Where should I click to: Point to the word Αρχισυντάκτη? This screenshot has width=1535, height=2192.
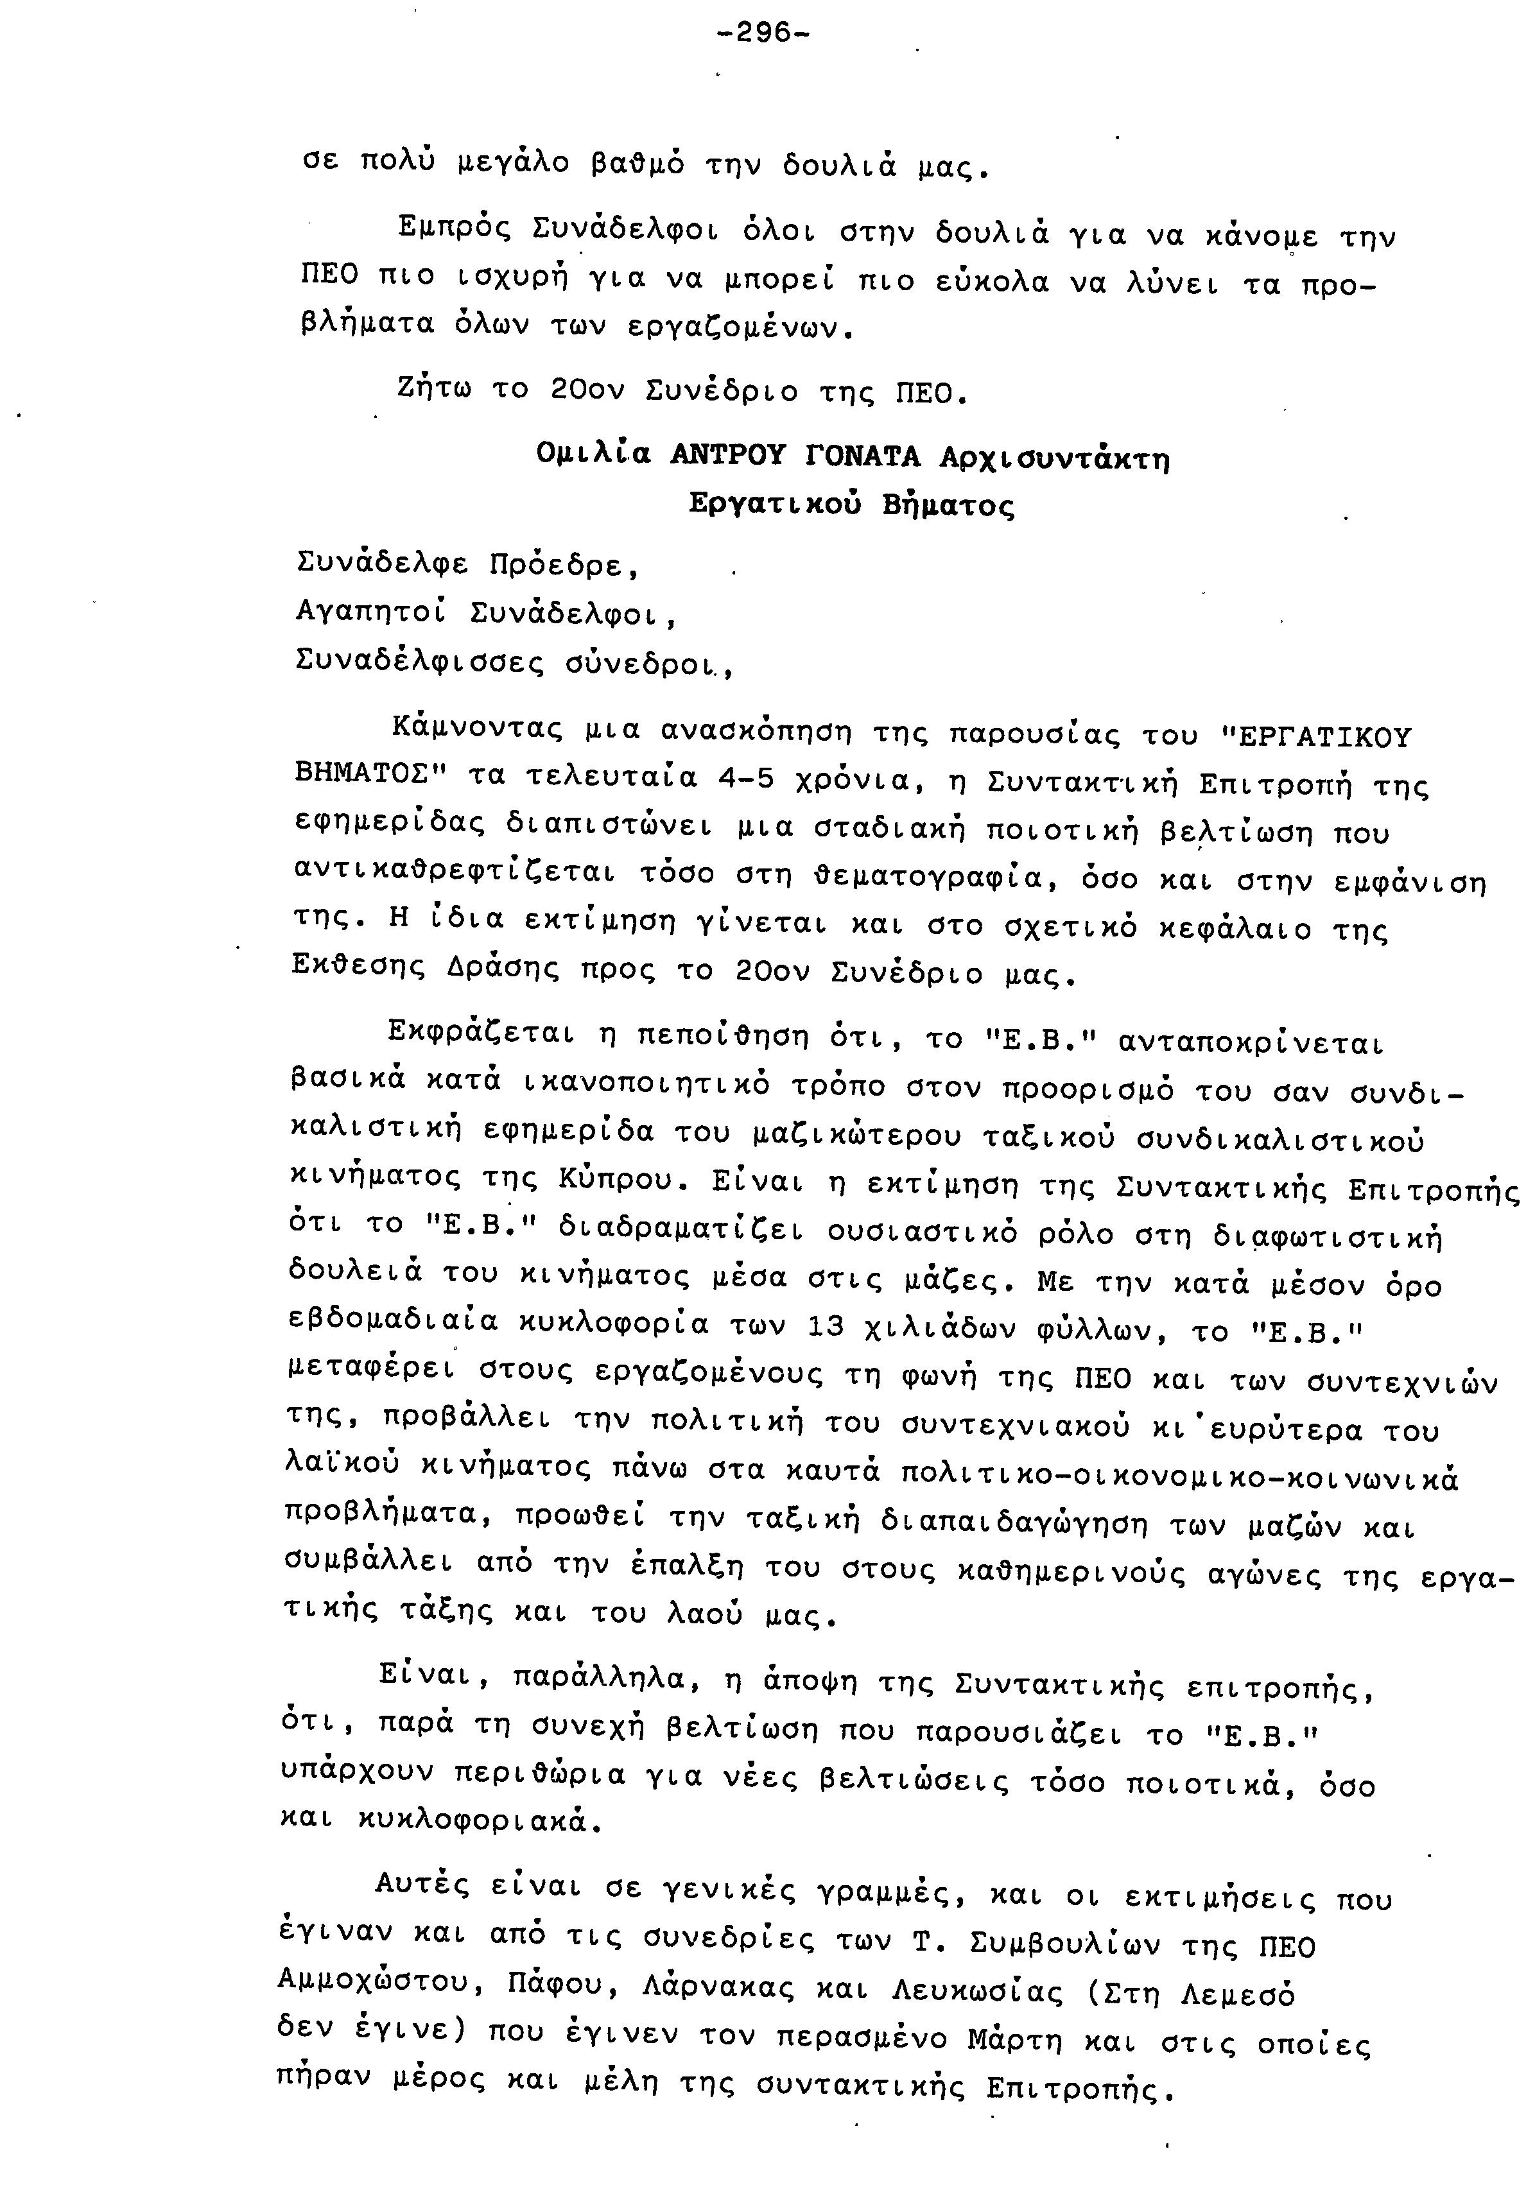1054,460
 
